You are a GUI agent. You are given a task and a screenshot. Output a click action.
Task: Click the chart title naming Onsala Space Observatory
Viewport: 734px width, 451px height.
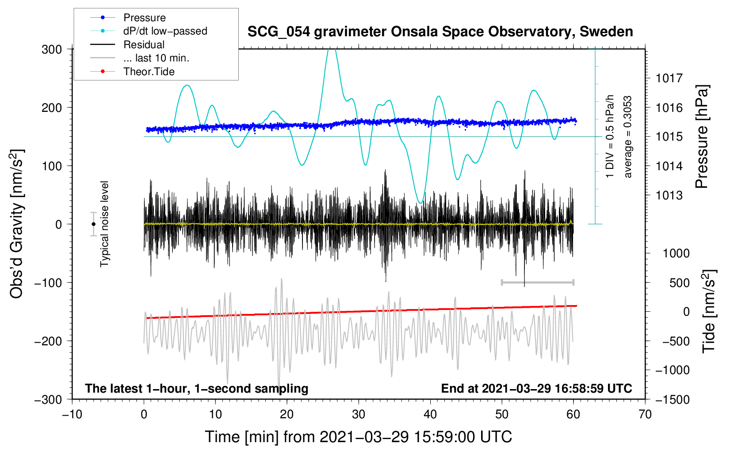[440, 32]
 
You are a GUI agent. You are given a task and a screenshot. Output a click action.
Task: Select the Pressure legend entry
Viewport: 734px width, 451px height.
[144, 18]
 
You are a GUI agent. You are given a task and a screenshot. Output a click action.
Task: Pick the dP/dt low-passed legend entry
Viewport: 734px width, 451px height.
[165, 31]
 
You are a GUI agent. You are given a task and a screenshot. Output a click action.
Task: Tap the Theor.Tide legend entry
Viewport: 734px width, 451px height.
[149, 72]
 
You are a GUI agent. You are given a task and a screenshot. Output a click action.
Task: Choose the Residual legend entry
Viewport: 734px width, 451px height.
[144, 45]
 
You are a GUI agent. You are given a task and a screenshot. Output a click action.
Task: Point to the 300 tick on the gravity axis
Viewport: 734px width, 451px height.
[52, 49]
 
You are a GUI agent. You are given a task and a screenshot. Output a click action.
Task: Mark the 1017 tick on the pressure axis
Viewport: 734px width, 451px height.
[669, 78]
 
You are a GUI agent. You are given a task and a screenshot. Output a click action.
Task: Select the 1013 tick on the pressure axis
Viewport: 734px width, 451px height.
[669, 195]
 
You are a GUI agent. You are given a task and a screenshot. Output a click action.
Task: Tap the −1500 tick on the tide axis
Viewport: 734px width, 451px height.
[672, 399]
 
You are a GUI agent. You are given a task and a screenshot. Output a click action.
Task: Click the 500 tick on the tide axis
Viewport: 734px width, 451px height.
[680, 283]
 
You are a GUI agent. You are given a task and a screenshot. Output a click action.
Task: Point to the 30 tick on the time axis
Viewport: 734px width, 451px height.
[359, 414]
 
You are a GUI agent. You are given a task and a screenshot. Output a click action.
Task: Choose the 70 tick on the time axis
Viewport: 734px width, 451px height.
[645, 414]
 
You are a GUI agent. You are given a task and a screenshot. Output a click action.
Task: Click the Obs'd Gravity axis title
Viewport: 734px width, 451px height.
[16, 224]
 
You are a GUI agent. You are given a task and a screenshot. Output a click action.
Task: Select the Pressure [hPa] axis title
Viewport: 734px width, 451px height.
[702, 137]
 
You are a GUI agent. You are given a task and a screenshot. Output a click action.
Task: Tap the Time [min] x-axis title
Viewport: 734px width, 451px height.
[358, 437]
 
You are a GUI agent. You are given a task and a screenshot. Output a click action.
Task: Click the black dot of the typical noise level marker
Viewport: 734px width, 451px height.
[93, 224]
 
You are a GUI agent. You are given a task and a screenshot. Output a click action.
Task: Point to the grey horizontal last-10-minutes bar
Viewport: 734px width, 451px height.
[538, 282]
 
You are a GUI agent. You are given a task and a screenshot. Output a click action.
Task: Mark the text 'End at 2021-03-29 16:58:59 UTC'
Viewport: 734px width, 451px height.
[536, 388]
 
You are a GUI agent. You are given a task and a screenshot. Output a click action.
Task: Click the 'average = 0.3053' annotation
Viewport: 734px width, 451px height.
[628, 137]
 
